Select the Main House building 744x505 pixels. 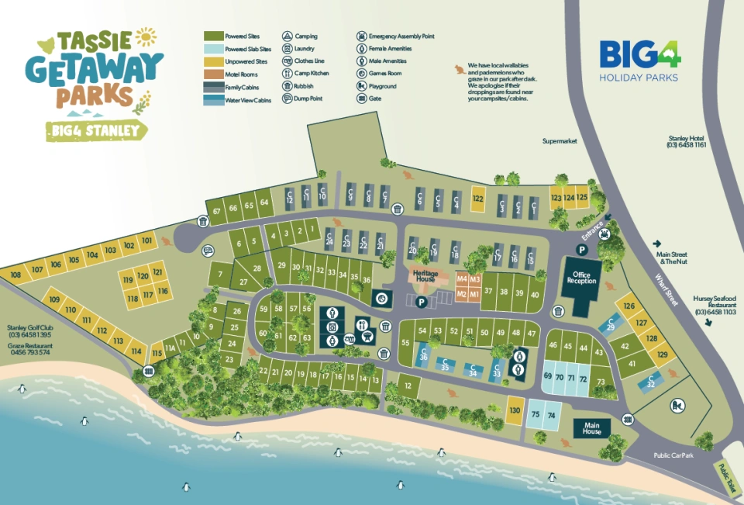[592, 427]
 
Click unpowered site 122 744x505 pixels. [478, 199]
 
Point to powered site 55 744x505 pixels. [405, 343]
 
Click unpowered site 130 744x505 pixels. [515, 410]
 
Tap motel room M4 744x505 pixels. [463, 278]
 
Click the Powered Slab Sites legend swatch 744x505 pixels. [212, 49]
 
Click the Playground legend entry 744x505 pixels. [361, 86]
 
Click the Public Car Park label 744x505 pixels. [672, 456]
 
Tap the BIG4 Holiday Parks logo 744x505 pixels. [639, 61]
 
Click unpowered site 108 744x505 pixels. [15, 275]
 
